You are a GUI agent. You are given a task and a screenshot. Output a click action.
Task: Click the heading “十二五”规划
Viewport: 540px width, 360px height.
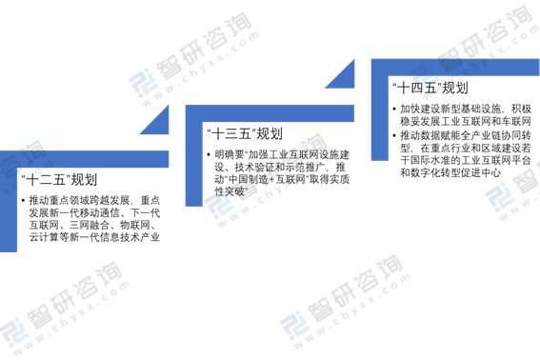point(59,180)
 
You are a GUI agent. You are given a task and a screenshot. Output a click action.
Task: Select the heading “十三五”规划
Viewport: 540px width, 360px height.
point(245,133)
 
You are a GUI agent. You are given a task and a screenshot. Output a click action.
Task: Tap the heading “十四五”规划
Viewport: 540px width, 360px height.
point(430,88)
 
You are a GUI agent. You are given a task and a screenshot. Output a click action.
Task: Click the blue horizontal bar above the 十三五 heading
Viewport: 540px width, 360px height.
point(270,113)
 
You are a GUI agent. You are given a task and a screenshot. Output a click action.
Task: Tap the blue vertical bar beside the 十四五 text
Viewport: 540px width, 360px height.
point(379,110)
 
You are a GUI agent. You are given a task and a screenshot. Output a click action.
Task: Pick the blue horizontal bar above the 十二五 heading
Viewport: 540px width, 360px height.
point(85,159)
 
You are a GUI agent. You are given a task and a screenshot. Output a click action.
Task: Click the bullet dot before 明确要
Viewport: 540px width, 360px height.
point(209,155)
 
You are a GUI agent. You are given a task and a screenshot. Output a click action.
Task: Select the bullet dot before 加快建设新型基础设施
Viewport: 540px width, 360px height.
point(394,110)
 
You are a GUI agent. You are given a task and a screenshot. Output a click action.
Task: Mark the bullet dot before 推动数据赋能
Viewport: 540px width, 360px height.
point(394,135)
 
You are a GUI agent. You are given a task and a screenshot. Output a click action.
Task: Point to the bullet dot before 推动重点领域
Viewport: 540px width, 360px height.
point(23,200)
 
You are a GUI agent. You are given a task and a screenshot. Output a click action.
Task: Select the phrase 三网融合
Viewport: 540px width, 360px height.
point(90,225)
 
